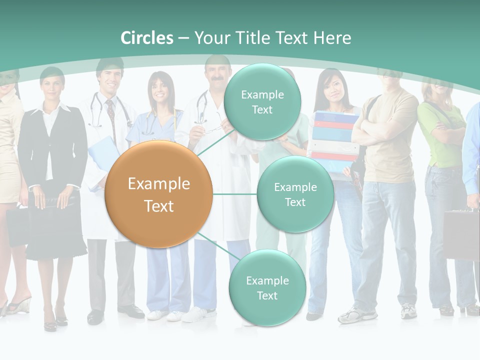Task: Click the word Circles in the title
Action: [146, 38]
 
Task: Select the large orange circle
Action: [159, 194]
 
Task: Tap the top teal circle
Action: [262, 102]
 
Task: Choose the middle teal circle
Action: [295, 194]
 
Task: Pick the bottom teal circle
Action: [267, 288]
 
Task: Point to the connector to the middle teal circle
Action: [235, 194]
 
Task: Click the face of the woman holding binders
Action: [328, 88]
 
